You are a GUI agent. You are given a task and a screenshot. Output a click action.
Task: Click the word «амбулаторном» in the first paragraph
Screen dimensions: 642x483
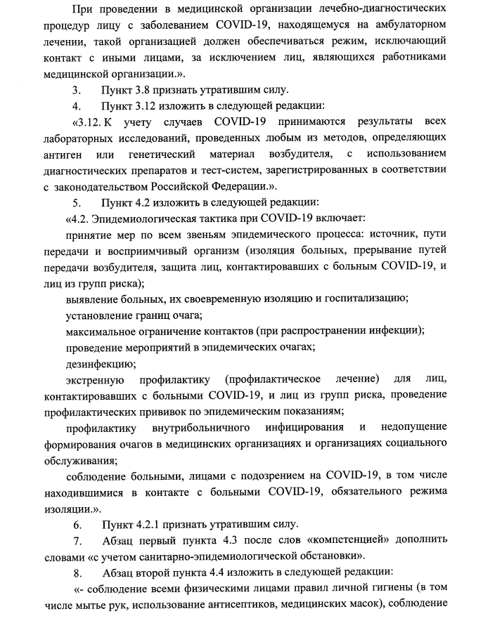tap(408, 25)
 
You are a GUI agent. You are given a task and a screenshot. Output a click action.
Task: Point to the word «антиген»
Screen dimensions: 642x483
tap(84, 154)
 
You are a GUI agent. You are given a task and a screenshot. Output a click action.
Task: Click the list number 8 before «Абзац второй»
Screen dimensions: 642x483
tap(77, 572)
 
